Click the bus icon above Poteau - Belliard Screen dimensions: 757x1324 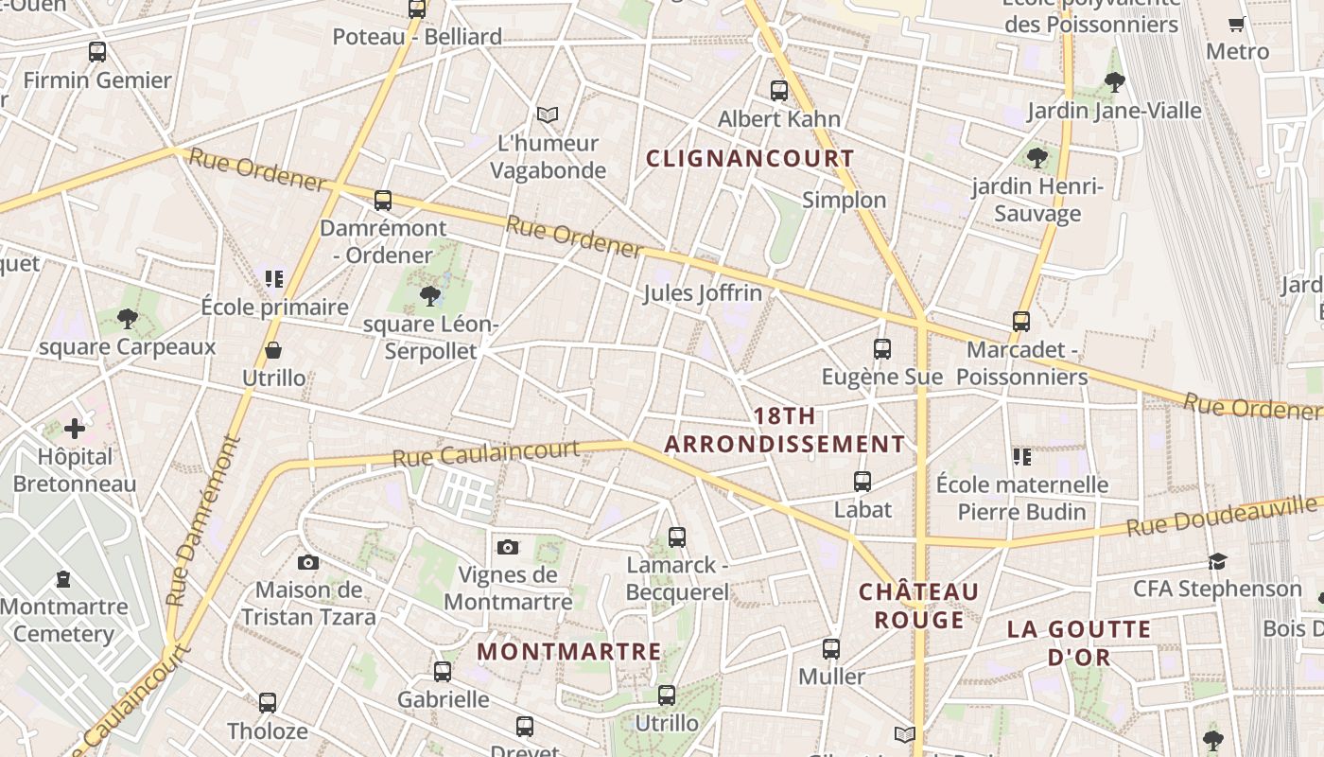pyautogui.click(x=417, y=9)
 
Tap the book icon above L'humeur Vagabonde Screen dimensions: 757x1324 pyautogui.click(x=548, y=115)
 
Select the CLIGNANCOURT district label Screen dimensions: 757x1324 pyautogui.click(x=750, y=158)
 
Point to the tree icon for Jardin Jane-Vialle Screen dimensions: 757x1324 pyautogui.click(x=1115, y=82)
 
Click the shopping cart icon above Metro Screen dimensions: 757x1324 pyautogui.click(x=1236, y=25)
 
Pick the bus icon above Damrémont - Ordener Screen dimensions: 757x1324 pyautogui.click(x=383, y=201)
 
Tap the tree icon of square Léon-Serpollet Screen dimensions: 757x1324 pyautogui.click(x=430, y=296)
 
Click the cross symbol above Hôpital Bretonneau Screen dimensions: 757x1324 pyautogui.click(x=74, y=429)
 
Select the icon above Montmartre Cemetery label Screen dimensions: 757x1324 pyautogui.click(x=63, y=578)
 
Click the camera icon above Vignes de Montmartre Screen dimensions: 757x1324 pyautogui.click(x=508, y=547)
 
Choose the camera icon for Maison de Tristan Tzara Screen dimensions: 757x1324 pyautogui.click(x=308, y=563)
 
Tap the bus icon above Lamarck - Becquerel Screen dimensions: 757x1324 pyautogui.click(x=677, y=537)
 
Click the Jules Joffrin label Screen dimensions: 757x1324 pyautogui.click(x=703, y=293)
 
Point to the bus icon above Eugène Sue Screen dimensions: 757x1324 pyautogui.click(x=882, y=349)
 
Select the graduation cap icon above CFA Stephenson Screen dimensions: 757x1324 pyautogui.click(x=1217, y=562)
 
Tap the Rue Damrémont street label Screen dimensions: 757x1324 pyautogui.click(x=203, y=520)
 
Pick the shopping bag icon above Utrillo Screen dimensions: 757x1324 pyautogui.click(x=273, y=351)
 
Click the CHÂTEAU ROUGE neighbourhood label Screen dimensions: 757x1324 pyautogui.click(x=918, y=606)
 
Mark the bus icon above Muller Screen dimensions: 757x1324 pyautogui.click(x=831, y=649)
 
